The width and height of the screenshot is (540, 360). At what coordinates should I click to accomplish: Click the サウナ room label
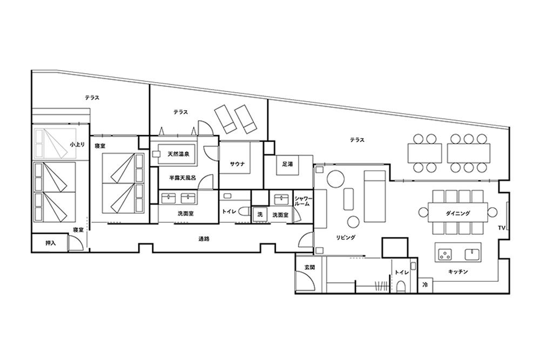pos(237,164)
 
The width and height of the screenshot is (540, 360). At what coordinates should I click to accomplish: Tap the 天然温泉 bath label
pos(178,154)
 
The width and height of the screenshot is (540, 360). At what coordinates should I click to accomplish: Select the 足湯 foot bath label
pos(287,165)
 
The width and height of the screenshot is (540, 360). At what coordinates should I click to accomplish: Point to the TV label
pos(501,228)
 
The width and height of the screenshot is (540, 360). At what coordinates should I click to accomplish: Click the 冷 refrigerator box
pos(425,285)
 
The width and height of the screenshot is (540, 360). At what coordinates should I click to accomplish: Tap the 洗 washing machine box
pos(260,214)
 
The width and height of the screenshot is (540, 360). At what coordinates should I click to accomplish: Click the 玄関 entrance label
pos(309,267)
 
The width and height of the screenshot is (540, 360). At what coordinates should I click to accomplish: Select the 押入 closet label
pos(51,243)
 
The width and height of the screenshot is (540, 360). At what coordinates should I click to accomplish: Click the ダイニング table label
pos(458,213)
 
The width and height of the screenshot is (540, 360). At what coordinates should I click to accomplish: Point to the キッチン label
pos(458,272)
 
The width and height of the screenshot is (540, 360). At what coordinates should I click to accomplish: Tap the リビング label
pos(346,237)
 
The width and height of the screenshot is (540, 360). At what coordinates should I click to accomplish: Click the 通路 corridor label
pos(204,239)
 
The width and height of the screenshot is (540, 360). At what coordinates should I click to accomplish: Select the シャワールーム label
pos(303,201)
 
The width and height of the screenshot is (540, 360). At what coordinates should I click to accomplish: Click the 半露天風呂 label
pos(183,178)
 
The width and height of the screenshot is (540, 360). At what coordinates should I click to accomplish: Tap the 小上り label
pos(77,145)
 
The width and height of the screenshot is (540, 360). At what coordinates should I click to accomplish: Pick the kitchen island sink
pos(472,254)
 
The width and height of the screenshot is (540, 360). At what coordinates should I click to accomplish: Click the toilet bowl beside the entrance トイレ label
pos(401,287)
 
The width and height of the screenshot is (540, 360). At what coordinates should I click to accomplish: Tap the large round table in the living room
pos(335,179)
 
